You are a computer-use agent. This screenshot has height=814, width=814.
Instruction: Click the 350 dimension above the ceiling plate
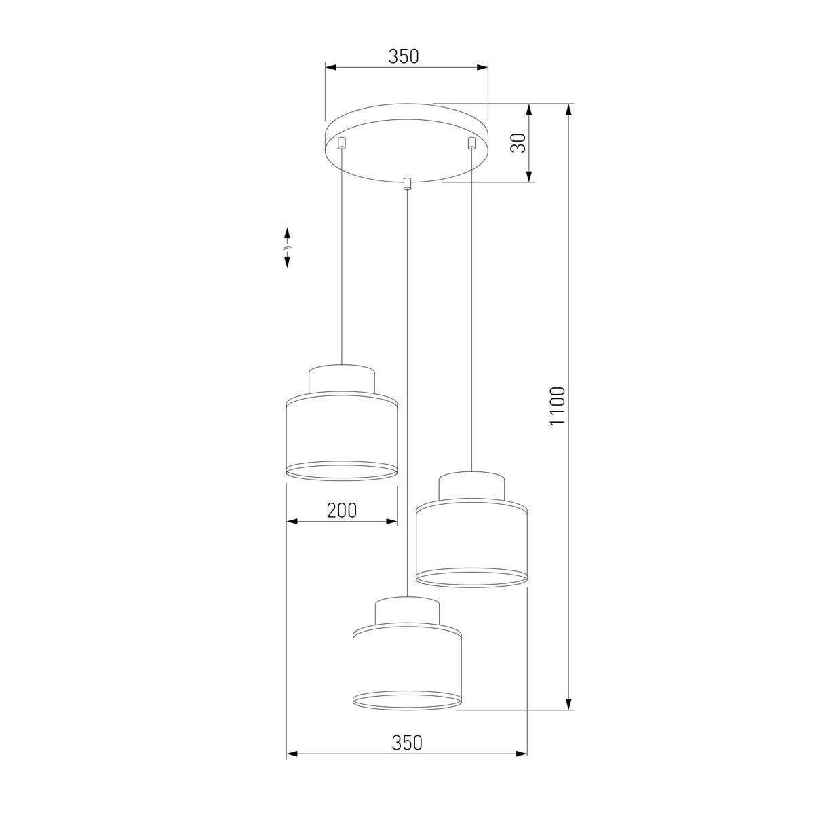click(x=404, y=57)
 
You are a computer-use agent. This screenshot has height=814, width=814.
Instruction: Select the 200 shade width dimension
click(x=342, y=510)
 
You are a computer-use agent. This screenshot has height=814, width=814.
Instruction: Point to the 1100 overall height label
click(x=558, y=406)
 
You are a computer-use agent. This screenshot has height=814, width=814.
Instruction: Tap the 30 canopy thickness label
click(x=518, y=142)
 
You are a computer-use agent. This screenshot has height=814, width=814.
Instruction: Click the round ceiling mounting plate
click(x=406, y=142)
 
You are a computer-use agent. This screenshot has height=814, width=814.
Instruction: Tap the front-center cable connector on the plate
click(x=407, y=184)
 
